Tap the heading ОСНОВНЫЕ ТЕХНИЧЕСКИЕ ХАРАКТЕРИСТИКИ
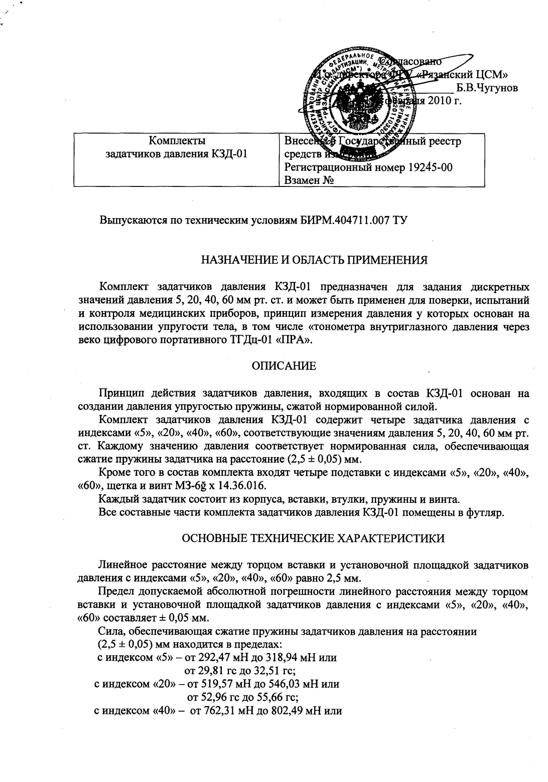(313, 538)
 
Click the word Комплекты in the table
(177, 141)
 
